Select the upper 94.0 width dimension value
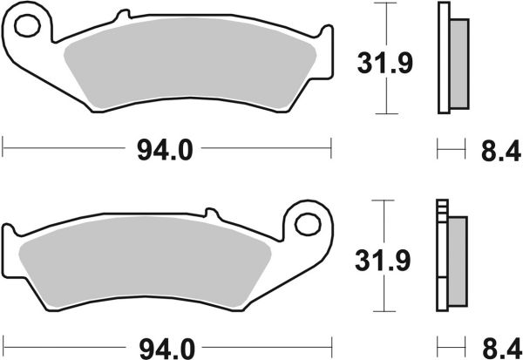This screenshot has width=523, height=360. click(x=163, y=150)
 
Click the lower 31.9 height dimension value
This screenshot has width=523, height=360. click(x=381, y=259)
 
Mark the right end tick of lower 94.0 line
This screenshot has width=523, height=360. click(x=332, y=342)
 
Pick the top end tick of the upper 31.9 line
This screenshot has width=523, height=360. click(x=382, y=3)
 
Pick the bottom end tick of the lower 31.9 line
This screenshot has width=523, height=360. click(x=382, y=312)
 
